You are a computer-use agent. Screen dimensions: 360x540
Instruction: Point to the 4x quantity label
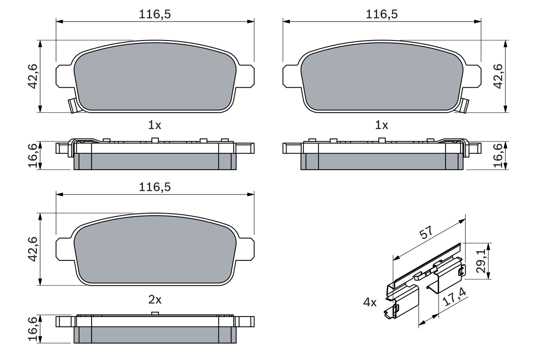tap(370, 302)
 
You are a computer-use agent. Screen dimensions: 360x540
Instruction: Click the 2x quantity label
tap(155, 300)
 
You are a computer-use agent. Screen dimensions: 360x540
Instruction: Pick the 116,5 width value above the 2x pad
tap(155, 187)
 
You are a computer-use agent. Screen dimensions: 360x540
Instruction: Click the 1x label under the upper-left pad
tap(155, 125)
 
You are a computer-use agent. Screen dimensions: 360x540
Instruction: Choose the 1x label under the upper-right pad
tap(381, 125)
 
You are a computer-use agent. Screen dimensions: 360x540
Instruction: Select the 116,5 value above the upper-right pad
tap(381, 14)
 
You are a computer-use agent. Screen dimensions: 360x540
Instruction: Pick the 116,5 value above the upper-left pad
tap(155, 14)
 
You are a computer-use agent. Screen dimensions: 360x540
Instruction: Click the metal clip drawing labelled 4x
tap(424, 283)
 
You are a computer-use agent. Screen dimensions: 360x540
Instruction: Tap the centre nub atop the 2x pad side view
tap(155, 313)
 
